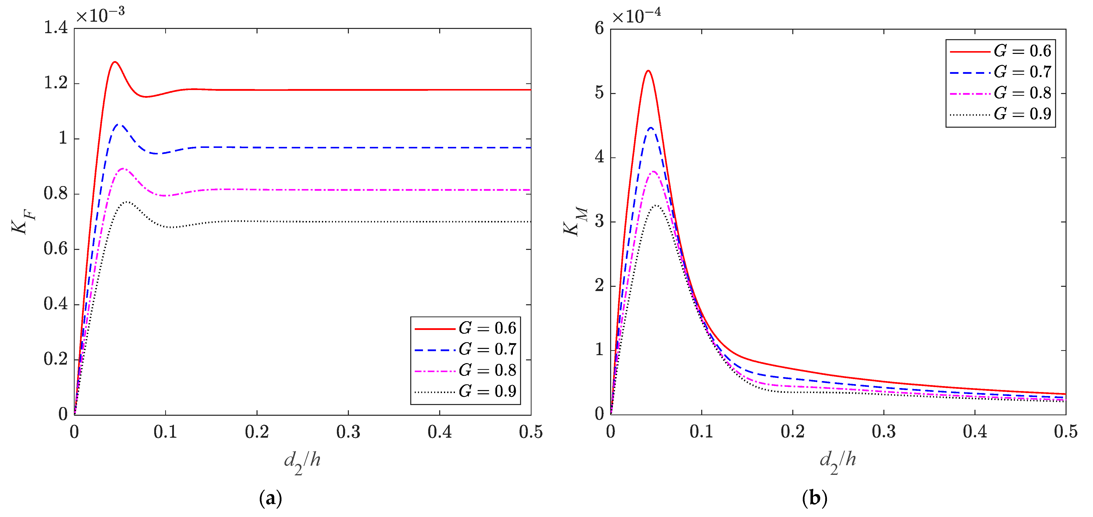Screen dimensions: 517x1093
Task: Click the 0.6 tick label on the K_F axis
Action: point(56,249)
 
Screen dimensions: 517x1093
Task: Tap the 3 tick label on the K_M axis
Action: point(599,221)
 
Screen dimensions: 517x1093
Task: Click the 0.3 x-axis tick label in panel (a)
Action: point(348,432)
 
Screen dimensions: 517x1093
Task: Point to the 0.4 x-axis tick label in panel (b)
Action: point(975,432)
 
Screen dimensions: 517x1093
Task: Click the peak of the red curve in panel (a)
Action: point(115,62)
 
